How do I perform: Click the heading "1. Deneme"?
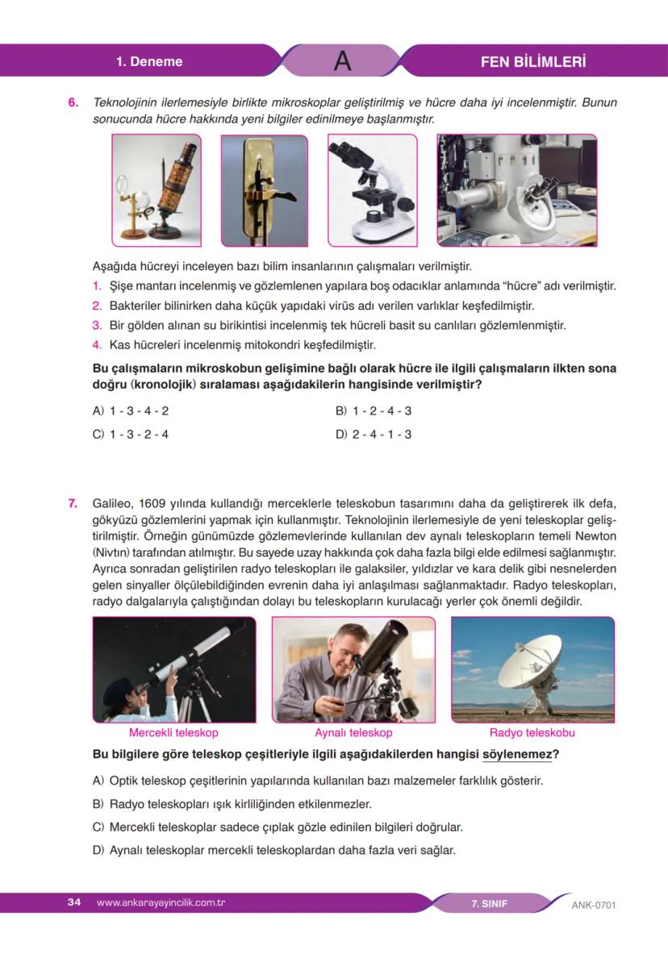[149, 61]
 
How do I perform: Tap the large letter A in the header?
[342, 61]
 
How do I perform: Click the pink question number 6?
[73, 104]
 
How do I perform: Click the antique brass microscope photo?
[156, 190]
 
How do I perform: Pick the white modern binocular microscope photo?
[372, 190]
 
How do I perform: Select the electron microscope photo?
[516, 190]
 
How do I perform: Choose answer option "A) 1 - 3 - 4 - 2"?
[131, 410]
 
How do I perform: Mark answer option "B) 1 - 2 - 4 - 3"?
[373, 410]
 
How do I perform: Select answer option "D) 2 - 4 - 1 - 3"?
[373, 434]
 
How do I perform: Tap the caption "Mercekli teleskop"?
[173, 732]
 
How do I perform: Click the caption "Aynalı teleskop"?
[353, 732]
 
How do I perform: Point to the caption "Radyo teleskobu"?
[532, 732]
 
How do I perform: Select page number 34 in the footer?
[74, 902]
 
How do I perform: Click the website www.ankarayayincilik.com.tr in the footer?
[160, 902]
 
